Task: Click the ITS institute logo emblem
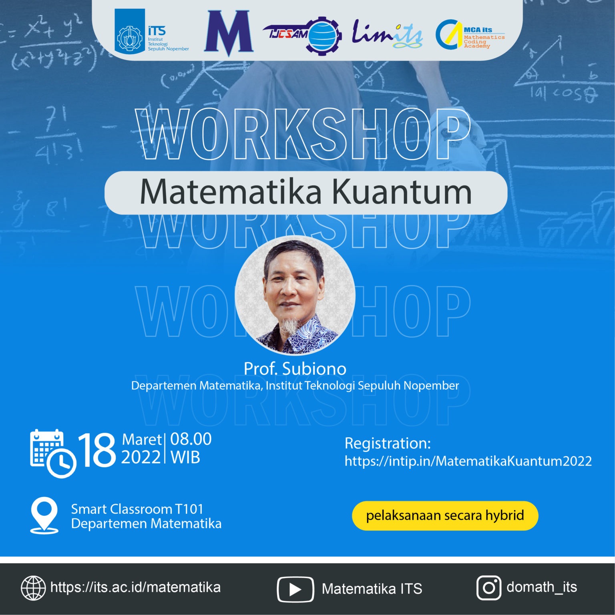pyautogui.click(x=129, y=31)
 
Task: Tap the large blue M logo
pyautogui.click(x=229, y=33)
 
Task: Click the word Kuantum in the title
pyautogui.click(x=402, y=192)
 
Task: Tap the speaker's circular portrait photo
pyautogui.click(x=295, y=295)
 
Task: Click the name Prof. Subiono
pyautogui.click(x=295, y=369)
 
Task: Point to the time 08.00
pyautogui.click(x=191, y=439)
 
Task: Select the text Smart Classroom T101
pyautogui.click(x=137, y=509)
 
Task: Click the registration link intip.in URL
pyautogui.click(x=468, y=461)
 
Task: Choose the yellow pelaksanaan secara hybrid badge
pyautogui.click(x=445, y=516)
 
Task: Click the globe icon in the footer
pyautogui.click(x=33, y=588)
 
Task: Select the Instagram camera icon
pyautogui.click(x=488, y=588)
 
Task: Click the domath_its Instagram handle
pyautogui.click(x=542, y=587)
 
